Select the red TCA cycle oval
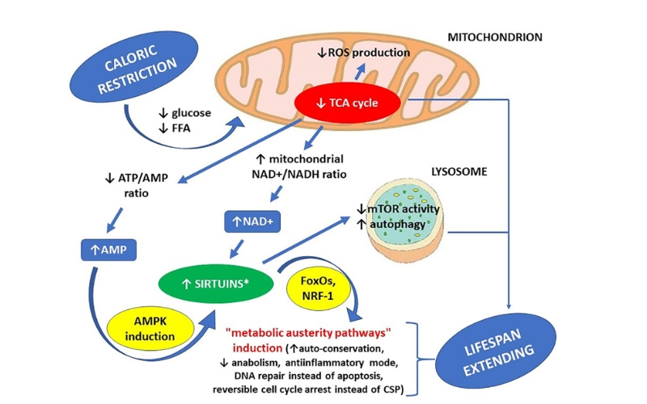point(346,103)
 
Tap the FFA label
point(177,128)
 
